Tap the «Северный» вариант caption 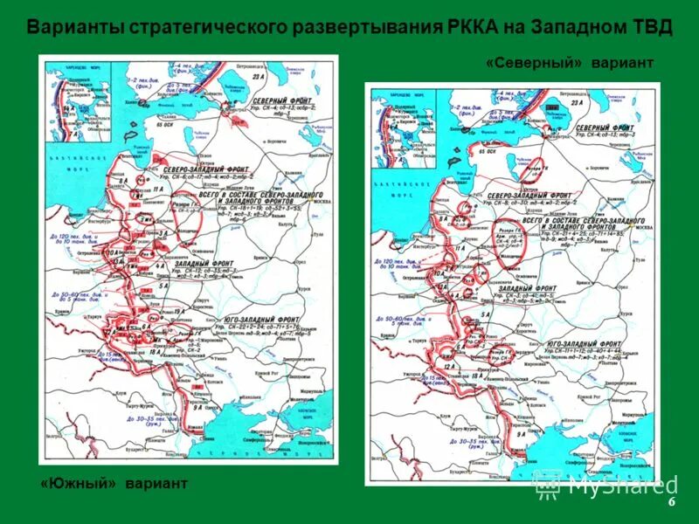pos(570,64)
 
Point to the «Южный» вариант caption pos(114,483)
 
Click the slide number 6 pos(672,503)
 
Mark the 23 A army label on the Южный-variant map pos(258,78)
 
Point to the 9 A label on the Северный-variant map pos(521,432)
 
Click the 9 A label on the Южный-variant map pos(198,407)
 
